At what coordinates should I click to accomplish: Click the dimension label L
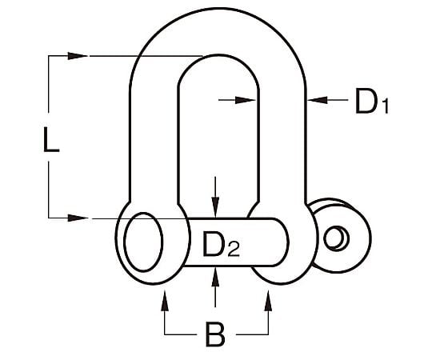coord(51,139)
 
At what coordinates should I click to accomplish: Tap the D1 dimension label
coord(372,101)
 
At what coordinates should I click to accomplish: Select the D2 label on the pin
coord(221,244)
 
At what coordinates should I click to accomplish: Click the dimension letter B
coord(215,334)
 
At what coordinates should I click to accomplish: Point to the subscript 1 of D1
coord(386,107)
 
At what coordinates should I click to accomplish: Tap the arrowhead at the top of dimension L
coord(78,56)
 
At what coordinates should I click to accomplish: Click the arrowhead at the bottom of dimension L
coord(78,218)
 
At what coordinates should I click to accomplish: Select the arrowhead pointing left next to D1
coord(318,100)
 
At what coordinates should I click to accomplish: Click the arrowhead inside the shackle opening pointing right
coord(246,100)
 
